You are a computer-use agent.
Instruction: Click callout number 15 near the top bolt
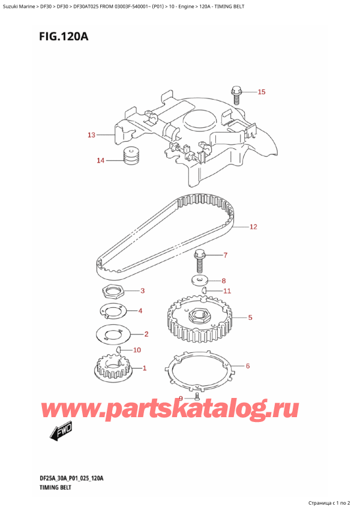[x=261, y=92]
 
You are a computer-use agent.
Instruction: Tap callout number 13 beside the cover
[x=91, y=135]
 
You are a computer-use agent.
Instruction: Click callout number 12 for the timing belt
[x=253, y=227]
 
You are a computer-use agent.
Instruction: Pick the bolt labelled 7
[x=200, y=258]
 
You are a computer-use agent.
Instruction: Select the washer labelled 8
[x=199, y=280]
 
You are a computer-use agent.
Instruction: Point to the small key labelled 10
[x=119, y=349]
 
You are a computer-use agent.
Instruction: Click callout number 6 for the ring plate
[x=248, y=365]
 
